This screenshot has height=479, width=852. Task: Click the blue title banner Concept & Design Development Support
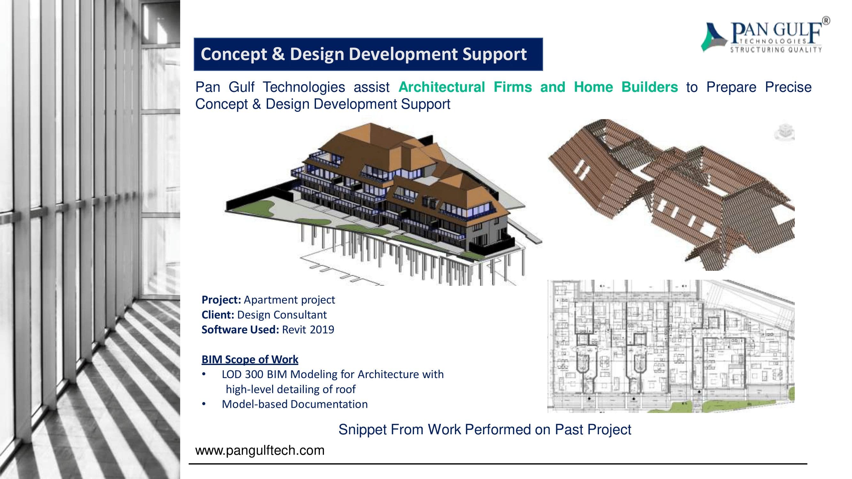pos(368,54)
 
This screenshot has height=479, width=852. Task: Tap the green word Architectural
pos(441,87)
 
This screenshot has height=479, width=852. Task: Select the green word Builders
pos(649,87)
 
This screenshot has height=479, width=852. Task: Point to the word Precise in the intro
pos(788,87)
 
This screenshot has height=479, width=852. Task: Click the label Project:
pos(221,300)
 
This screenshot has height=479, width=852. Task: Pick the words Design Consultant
pos(282,315)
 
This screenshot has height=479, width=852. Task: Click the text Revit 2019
pos(308,330)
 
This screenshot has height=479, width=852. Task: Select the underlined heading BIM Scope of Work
pos(250,359)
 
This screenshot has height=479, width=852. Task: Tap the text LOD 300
pos(242,374)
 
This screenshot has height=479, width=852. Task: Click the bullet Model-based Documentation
pos(295,404)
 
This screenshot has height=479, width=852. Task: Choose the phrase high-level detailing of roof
pos(291,389)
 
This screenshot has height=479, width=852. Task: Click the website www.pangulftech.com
pos(260,450)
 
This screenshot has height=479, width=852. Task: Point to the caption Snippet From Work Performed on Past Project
pos(485,430)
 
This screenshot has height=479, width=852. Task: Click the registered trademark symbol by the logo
pos(826,21)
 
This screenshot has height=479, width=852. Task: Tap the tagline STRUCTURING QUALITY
pos(776,49)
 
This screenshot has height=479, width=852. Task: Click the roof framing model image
pos(671,195)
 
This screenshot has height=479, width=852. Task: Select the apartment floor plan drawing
pos(671,346)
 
